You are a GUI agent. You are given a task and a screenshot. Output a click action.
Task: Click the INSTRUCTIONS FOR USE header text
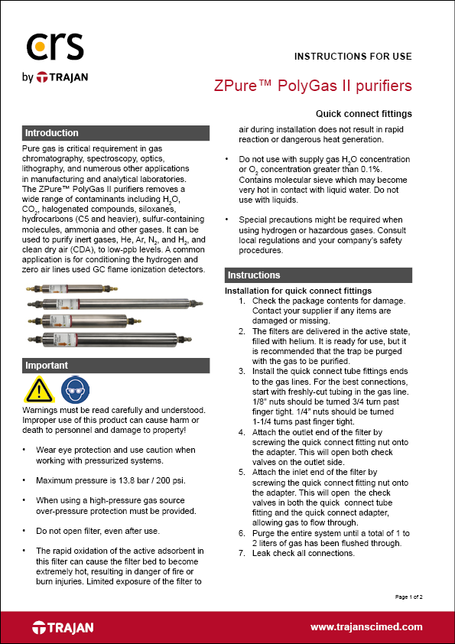353,57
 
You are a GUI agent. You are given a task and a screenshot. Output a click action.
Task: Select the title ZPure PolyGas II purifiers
313,84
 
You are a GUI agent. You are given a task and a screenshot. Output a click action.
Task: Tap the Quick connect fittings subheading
369,114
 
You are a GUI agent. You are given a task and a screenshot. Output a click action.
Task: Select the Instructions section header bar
318,275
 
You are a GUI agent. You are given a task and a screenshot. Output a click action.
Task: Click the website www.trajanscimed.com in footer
366,626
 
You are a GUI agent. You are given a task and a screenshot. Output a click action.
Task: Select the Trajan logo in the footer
63,627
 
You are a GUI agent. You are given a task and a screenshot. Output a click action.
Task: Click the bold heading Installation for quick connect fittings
297,291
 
